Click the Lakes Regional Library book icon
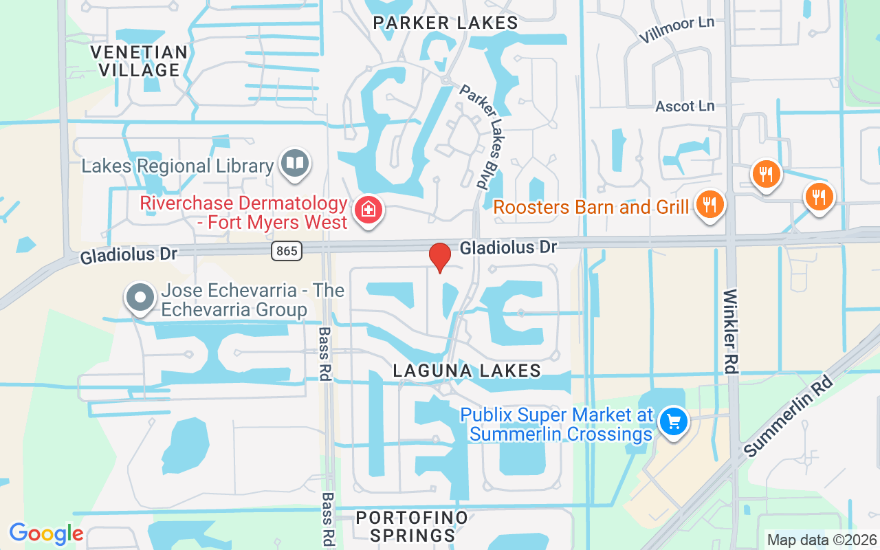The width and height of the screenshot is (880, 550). click(296, 164)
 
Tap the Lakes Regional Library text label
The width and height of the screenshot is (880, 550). click(177, 166)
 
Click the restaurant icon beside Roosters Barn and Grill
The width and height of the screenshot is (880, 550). click(709, 204)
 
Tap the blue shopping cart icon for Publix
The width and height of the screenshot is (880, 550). click(673, 421)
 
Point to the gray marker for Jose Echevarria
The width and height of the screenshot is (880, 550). click(141, 298)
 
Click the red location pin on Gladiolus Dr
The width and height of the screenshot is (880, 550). click(439, 257)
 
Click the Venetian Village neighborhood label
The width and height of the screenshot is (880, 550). click(139, 61)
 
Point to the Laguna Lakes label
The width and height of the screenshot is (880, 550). click(467, 371)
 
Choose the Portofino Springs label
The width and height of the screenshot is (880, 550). click(412, 526)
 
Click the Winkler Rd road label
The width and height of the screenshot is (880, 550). click(730, 331)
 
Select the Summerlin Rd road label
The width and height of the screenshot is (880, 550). click(789, 416)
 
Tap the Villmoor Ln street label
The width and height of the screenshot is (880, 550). click(676, 30)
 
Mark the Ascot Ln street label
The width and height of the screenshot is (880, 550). click(685, 106)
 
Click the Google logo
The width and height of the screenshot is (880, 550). click(46, 533)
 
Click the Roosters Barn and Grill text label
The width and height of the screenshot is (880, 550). click(591, 206)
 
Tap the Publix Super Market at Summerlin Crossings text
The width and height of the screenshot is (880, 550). click(556, 425)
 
